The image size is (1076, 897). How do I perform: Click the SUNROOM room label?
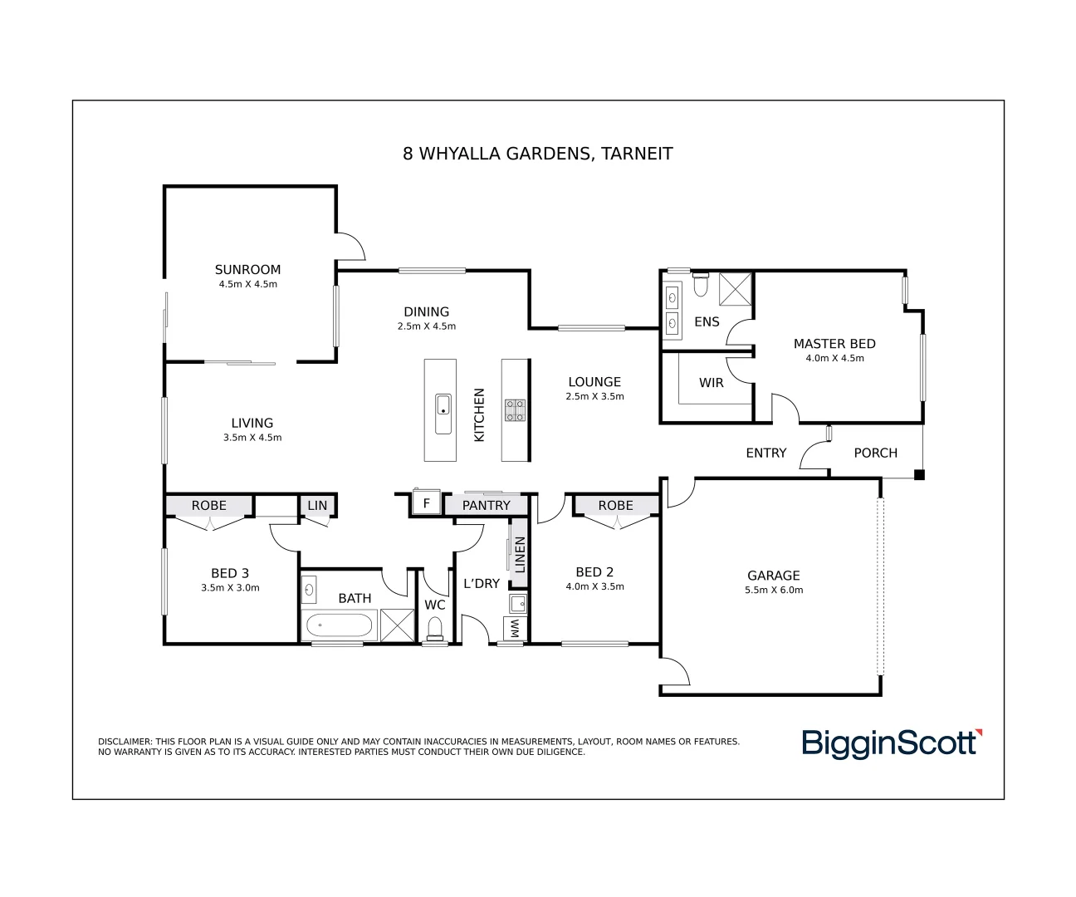(x=247, y=269)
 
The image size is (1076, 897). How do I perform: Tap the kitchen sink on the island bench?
(x=443, y=405)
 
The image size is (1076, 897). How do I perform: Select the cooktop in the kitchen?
(x=515, y=409)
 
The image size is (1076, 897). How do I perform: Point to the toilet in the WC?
(x=434, y=630)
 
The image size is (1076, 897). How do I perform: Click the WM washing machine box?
(x=515, y=629)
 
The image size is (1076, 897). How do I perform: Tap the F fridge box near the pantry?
(x=427, y=503)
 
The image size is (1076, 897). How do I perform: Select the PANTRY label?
(x=486, y=505)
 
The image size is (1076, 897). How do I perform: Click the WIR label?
(x=711, y=383)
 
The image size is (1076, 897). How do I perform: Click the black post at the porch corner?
(x=919, y=475)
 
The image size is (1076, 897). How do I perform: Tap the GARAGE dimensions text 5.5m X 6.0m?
(x=774, y=591)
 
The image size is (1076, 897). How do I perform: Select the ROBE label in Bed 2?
(x=615, y=505)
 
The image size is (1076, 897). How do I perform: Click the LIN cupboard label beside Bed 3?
(x=317, y=505)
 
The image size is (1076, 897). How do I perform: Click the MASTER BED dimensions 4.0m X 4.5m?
(x=834, y=359)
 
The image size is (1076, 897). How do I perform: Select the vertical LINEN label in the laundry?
(x=520, y=555)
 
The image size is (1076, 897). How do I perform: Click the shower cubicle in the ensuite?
(x=735, y=288)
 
